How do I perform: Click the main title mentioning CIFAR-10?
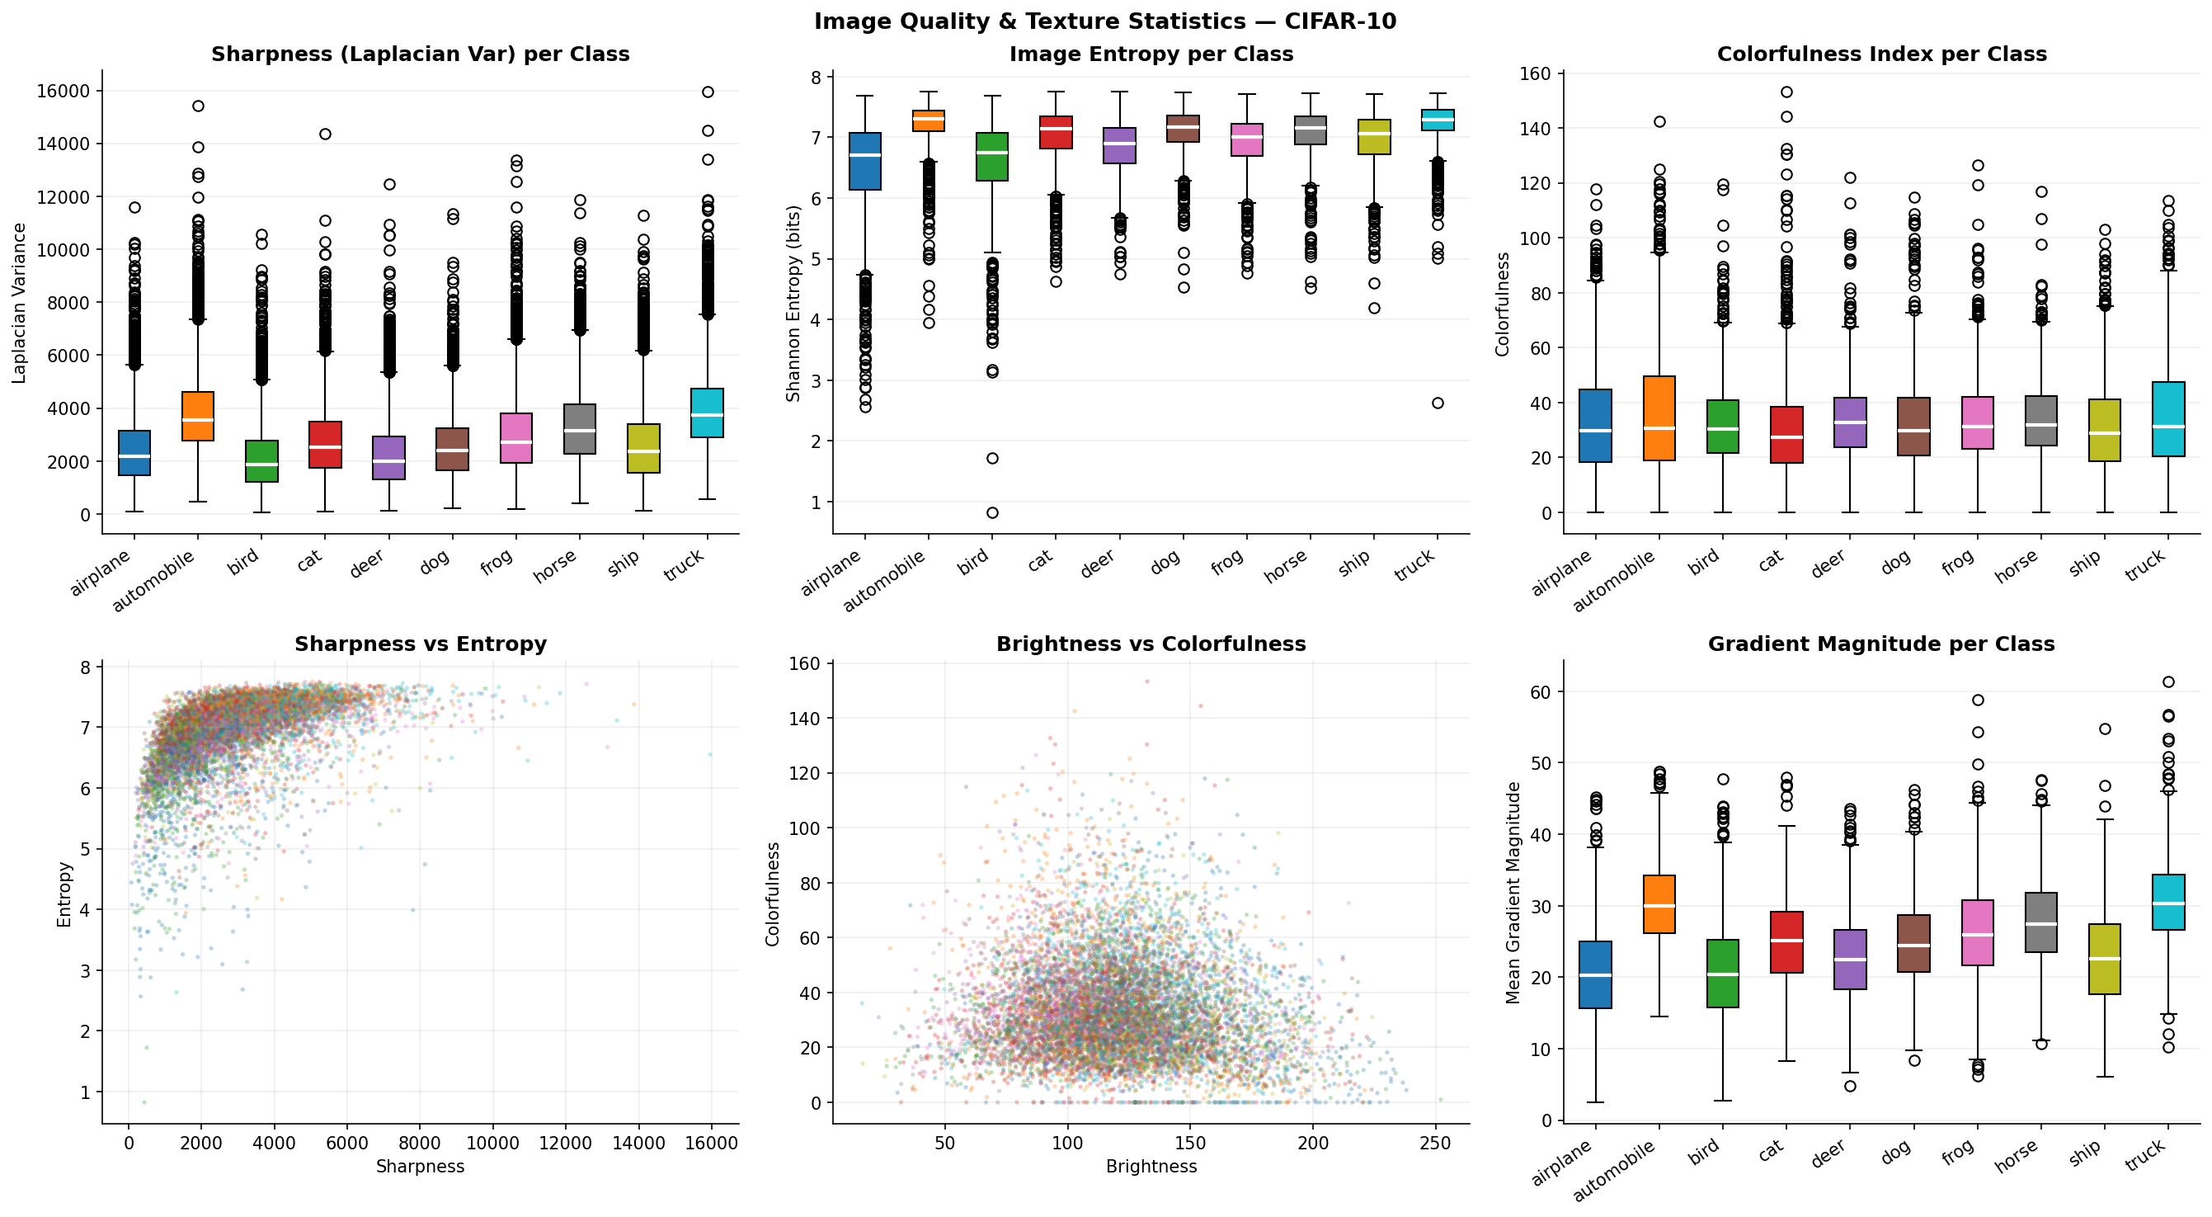coord(1105,21)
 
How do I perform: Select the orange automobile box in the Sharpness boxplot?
coord(199,416)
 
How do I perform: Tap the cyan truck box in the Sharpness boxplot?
coord(708,413)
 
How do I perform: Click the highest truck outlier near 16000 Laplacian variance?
coord(708,92)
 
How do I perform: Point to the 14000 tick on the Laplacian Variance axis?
coord(64,144)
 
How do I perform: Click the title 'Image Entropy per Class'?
coord(1151,54)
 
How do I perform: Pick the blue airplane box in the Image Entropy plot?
coord(864,161)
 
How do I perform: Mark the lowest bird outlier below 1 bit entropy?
coord(992,512)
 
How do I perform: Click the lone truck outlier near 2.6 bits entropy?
coord(1438,403)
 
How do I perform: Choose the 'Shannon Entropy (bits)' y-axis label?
coord(793,303)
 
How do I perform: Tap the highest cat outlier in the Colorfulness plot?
coord(1786,92)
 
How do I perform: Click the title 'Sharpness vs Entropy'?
coord(420,644)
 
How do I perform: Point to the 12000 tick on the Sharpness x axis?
coord(565,1143)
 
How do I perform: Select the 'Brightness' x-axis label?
coord(1151,1167)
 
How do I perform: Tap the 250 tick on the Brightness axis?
coord(1435,1143)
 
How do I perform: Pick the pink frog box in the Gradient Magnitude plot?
coord(1978,932)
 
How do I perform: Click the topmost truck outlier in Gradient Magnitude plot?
coord(2168,682)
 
